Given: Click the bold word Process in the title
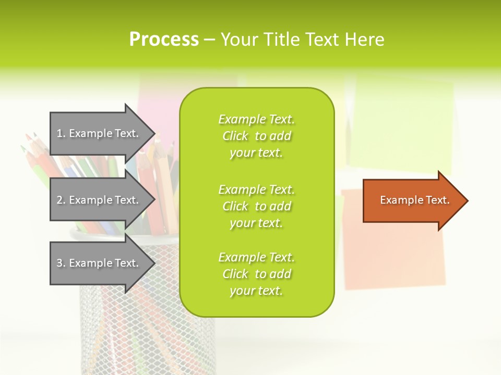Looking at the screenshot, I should point(164,39).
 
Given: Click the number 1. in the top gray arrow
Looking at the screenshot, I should point(61,133).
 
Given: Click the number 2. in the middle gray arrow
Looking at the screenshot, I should point(61,200).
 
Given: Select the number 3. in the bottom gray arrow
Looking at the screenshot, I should point(61,263).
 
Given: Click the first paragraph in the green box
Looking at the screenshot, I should point(256,136).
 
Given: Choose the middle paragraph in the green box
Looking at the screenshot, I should point(256,206).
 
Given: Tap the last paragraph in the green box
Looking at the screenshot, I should point(256,274).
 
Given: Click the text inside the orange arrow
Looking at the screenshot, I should point(414,200).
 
